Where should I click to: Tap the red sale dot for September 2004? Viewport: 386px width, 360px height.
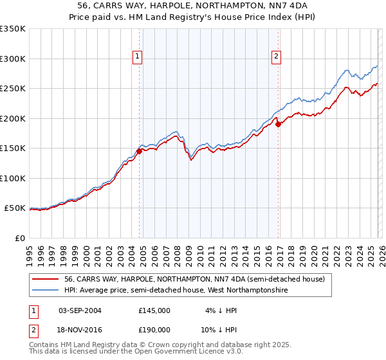point(139,152)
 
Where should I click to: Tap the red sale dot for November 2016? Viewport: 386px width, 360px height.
point(278,125)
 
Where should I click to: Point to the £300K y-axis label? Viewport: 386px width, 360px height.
point(13,59)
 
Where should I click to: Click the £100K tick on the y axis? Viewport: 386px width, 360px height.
point(13,178)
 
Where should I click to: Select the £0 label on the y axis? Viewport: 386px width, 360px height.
point(21,238)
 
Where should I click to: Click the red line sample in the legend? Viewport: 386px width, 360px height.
point(46,280)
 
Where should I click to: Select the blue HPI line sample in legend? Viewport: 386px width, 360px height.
point(46,291)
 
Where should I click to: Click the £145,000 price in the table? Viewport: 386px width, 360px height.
point(154,310)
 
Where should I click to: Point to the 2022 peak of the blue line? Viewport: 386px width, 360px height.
point(346,69)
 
